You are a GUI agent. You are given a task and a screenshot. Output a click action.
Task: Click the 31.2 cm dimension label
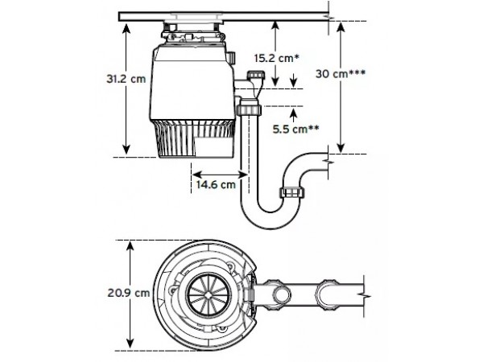(x=126, y=79)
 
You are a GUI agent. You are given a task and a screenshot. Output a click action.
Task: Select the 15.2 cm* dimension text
(x=277, y=58)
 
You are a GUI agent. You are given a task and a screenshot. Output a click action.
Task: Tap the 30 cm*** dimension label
(x=341, y=73)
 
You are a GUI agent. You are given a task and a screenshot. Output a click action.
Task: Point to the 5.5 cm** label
(x=295, y=129)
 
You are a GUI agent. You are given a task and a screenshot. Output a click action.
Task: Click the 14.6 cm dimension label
(x=216, y=184)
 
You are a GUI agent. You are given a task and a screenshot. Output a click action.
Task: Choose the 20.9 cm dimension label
(x=129, y=293)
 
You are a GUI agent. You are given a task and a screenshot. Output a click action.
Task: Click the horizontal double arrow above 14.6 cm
(x=220, y=175)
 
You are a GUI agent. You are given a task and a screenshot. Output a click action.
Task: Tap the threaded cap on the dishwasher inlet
(x=256, y=74)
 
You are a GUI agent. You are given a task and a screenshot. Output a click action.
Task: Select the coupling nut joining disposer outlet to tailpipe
(x=249, y=109)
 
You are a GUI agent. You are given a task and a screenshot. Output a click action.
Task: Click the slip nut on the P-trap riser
(x=292, y=192)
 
